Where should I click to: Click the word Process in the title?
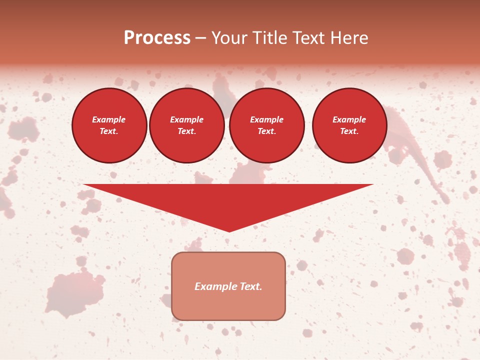click(157, 38)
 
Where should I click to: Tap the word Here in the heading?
click(348, 38)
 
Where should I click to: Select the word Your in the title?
click(230, 38)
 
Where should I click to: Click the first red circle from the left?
click(109, 125)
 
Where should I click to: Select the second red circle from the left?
click(187, 125)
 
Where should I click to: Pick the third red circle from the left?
click(267, 125)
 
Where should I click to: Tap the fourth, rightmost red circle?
click(349, 125)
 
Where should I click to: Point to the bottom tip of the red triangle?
click(229, 230)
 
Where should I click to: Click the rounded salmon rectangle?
click(228, 305)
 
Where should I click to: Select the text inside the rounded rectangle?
click(228, 286)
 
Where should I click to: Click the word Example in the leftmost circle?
click(109, 119)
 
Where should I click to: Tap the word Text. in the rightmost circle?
click(349, 131)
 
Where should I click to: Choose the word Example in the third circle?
click(267, 119)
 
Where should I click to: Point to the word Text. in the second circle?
click(187, 131)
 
